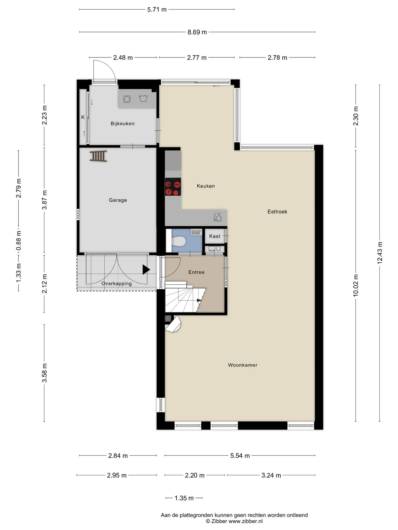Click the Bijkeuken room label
(122, 124)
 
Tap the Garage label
(118, 200)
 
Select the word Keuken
(206, 186)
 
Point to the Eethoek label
(277, 212)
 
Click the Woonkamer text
(243, 365)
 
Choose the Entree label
(197, 272)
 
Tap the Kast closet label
(215, 236)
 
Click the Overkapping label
(116, 283)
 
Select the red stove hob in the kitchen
(173, 187)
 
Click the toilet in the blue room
(179, 242)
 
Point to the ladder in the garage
(98, 156)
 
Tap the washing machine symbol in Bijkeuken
(127, 99)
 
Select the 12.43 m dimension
(380, 253)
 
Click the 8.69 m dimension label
(197, 32)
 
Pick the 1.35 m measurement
(184, 498)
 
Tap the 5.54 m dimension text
(240, 455)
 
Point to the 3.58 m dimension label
(44, 373)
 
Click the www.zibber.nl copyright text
(234, 521)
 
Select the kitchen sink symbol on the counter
(218, 217)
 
